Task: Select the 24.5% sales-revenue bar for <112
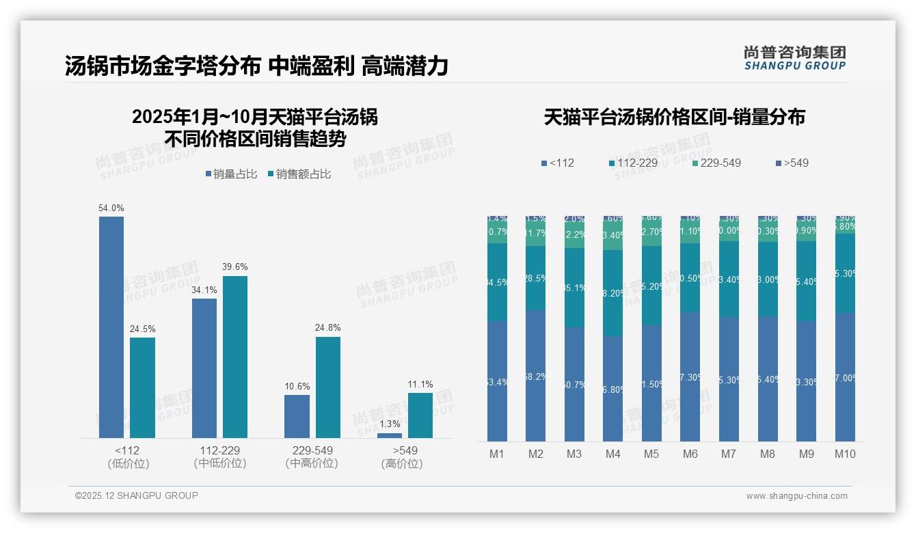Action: pyautogui.click(x=142, y=387)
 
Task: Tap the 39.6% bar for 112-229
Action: pyautogui.click(x=235, y=357)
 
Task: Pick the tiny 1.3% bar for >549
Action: pyautogui.click(x=390, y=435)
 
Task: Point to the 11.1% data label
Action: pyautogui.click(x=420, y=385)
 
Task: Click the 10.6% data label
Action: pyautogui.click(x=297, y=387)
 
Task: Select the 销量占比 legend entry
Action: pyautogui.click(x=231, y=174)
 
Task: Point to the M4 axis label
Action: pyautogui.click(x=612, y=454)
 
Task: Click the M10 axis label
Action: pyautogui.click(x=845, y=454)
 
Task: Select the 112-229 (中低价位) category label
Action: pyautogui.click(x=220, y=457)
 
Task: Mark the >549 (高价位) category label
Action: pyautogui.click(x=402, y=457)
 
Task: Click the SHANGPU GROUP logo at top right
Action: pyautogui.click(x=794, y=57)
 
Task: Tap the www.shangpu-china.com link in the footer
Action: pyautogui.click(x=796, y=496)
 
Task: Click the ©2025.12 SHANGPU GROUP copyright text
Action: pyautogui.click(x=137, y=496)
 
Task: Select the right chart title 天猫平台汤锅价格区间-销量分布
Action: pyautogui.click(x=674, y=118)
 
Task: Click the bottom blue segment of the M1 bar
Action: pyautogui.click(x=497, y=381)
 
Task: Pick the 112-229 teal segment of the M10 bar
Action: pyautogui.click(x=845, y=273)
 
